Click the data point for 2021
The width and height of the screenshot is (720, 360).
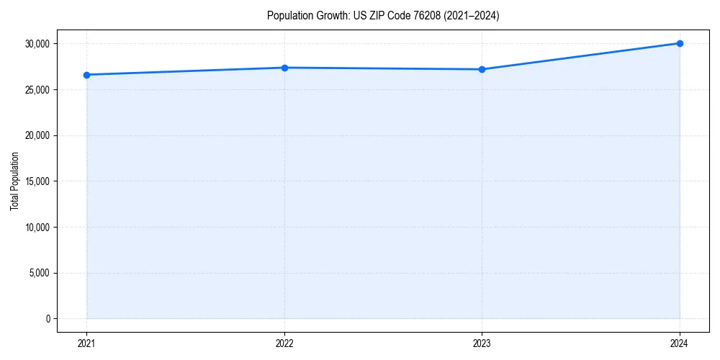pyautogui.click(x=86, y=75)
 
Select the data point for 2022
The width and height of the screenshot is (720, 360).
pyautogui.click(x=284, y=68)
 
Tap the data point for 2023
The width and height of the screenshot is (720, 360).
pyautogui.click(x=482, y=69)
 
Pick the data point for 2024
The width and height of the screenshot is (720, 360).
pyautogui.click(x=680, y=43)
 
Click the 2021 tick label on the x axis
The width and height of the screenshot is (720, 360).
pyautogui.click(x=86, y=343)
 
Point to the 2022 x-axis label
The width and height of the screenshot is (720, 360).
pyautogui.click(x=284, y=343)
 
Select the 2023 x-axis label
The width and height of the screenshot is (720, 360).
pyautogui.click(x=482, y=343)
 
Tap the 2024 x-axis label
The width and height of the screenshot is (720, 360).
pyautogui.click(x=680, y=343)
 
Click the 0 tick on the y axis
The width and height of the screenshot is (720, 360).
pyautogui.click(x=47, y=319)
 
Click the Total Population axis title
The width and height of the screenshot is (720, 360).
pyautogui.click(x=14, y=181)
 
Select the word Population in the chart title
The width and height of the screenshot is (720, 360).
pyautogui.click(x=288, y=15)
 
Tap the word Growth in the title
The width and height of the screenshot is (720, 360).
pyautogui.click(x=331, y=15)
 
